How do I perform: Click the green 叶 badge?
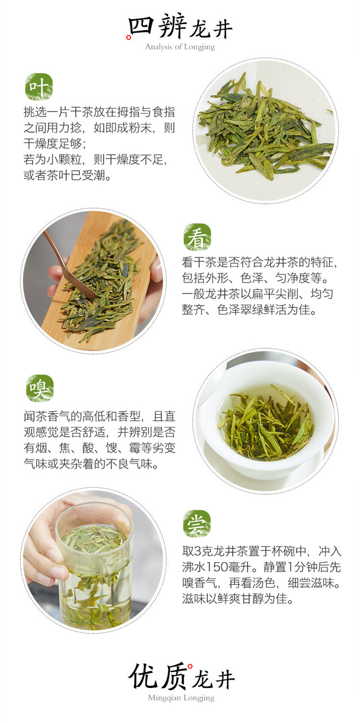[x=39, y=87]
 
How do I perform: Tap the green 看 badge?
[x=197, y=237]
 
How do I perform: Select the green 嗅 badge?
[x=40, y=388]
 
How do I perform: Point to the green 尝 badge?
[x=197, y=524]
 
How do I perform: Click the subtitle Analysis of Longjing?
[x=180, y=47]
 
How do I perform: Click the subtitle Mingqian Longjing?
[x=181, y=698]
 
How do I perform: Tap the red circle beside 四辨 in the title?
[x=129, y=37]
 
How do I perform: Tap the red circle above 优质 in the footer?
[x=190, y=666]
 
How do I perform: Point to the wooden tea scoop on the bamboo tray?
[x=69, y=265]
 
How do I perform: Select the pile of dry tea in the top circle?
[x=265, y=129]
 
